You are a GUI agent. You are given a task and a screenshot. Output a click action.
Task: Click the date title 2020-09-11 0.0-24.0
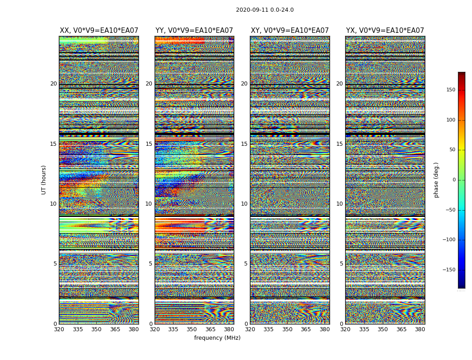click(264, 10)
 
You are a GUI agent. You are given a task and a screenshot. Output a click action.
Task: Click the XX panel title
click(99, 31)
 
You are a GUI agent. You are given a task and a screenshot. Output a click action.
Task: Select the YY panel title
click(194, 31)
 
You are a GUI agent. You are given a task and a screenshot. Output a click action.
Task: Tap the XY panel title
click(289, 31)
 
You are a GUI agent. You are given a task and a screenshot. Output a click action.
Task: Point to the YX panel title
click(385, 31)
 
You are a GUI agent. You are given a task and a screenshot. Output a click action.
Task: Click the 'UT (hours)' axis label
click(44, 180)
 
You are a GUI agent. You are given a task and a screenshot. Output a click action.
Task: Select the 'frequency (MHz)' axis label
click(217, 338)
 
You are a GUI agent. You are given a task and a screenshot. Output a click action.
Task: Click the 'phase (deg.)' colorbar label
click(436, 180)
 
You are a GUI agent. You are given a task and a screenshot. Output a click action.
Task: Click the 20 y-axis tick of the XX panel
click(53, 84)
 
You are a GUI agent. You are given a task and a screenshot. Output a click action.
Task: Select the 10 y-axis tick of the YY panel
click(149, 204)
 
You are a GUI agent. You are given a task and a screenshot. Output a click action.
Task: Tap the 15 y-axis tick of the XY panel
click(244, 144)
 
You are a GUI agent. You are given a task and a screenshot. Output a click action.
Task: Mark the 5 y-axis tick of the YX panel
click(341, 264)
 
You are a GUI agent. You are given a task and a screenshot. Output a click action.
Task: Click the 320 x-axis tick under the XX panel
click(59, 329)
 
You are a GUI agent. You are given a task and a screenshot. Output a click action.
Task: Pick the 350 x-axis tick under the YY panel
click(192, 329)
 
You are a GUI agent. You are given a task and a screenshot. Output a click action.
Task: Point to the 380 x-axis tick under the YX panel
click(420, 329)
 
